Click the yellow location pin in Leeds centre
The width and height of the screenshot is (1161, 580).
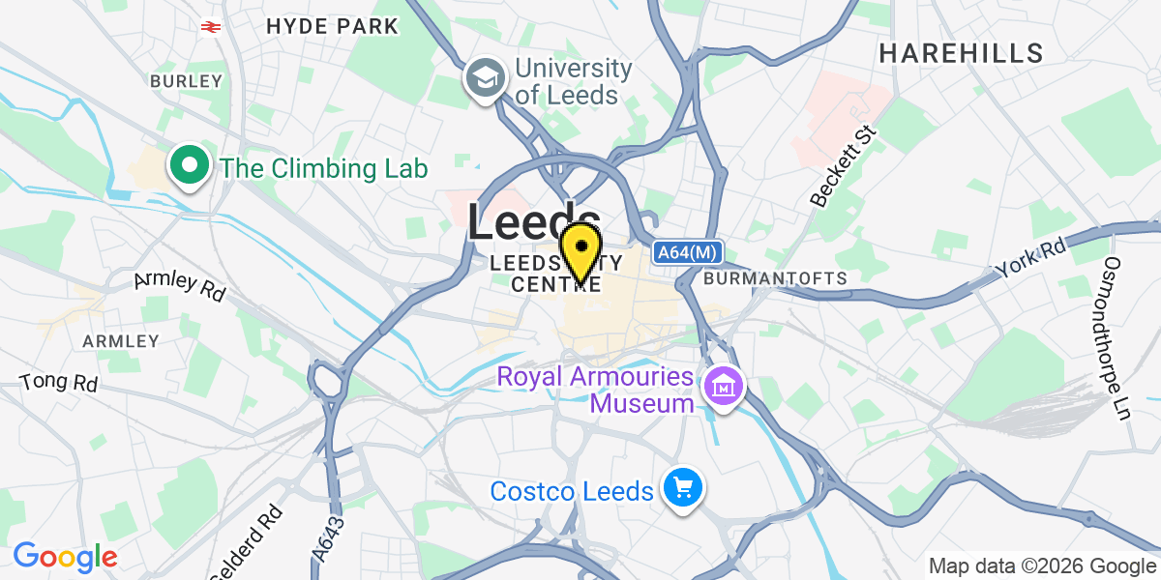[580, 249]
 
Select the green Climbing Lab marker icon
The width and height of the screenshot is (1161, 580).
[191, 166]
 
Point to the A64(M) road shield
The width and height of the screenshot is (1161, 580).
[687, 252]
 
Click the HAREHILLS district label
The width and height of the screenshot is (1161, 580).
[961, 53]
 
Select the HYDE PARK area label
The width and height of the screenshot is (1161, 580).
[333, 26]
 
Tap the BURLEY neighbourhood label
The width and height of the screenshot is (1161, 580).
[186, 81]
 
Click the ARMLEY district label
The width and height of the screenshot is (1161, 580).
[121, 341]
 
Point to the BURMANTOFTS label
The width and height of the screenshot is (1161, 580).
[776, 278]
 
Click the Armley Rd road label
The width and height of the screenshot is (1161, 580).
[179, 285]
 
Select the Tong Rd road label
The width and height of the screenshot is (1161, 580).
[59, 382]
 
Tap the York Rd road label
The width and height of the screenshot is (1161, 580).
[1032, 257]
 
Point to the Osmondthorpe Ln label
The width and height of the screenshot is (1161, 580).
[1117, 338]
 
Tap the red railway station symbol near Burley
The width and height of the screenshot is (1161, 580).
[209, 26]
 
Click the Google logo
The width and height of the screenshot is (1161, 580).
[65, 556]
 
